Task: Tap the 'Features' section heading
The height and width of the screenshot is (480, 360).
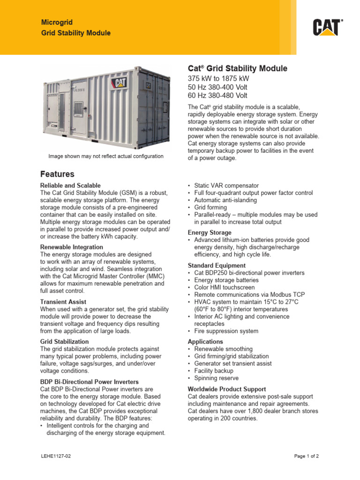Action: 57,174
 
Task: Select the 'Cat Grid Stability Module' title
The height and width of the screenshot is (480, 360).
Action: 237,68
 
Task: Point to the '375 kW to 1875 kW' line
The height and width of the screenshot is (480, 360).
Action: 218,78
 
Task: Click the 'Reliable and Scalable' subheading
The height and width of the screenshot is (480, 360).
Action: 70,186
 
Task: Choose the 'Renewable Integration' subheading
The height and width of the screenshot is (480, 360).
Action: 72,247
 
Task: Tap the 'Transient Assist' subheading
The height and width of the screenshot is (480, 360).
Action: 63,302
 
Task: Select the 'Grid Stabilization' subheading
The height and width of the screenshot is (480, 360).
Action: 65,342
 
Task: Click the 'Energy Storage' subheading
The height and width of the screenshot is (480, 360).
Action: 210,232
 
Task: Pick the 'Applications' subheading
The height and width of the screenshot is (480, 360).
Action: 205,342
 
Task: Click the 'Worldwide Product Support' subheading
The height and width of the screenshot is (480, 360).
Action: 227,389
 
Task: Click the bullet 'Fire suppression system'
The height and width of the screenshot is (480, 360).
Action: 226,331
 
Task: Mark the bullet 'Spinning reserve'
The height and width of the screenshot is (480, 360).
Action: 216,378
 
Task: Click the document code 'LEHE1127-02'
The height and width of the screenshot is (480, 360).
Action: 56,456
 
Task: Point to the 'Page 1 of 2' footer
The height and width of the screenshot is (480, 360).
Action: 307,456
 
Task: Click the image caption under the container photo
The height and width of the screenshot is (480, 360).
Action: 106,156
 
